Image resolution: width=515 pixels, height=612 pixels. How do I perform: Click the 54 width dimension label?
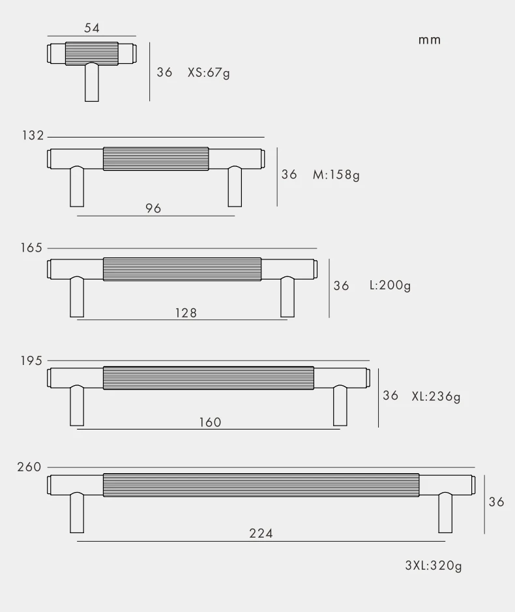[92, 28]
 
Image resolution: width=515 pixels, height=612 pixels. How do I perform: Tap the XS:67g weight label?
[209, 72]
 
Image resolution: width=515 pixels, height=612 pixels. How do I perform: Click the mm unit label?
[430, 40]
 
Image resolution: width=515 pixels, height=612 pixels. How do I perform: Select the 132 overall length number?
[33, 136]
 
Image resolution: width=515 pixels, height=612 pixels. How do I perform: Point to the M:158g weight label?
[336, 175]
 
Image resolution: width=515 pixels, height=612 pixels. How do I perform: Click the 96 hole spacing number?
[153, 209]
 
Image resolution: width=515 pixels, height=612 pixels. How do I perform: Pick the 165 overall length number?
[31, 248]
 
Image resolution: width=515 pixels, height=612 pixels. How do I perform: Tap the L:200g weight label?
[390, 285]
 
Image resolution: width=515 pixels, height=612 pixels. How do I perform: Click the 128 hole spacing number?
[186, 313]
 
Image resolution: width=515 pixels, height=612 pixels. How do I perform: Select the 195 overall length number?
[31, 360]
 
